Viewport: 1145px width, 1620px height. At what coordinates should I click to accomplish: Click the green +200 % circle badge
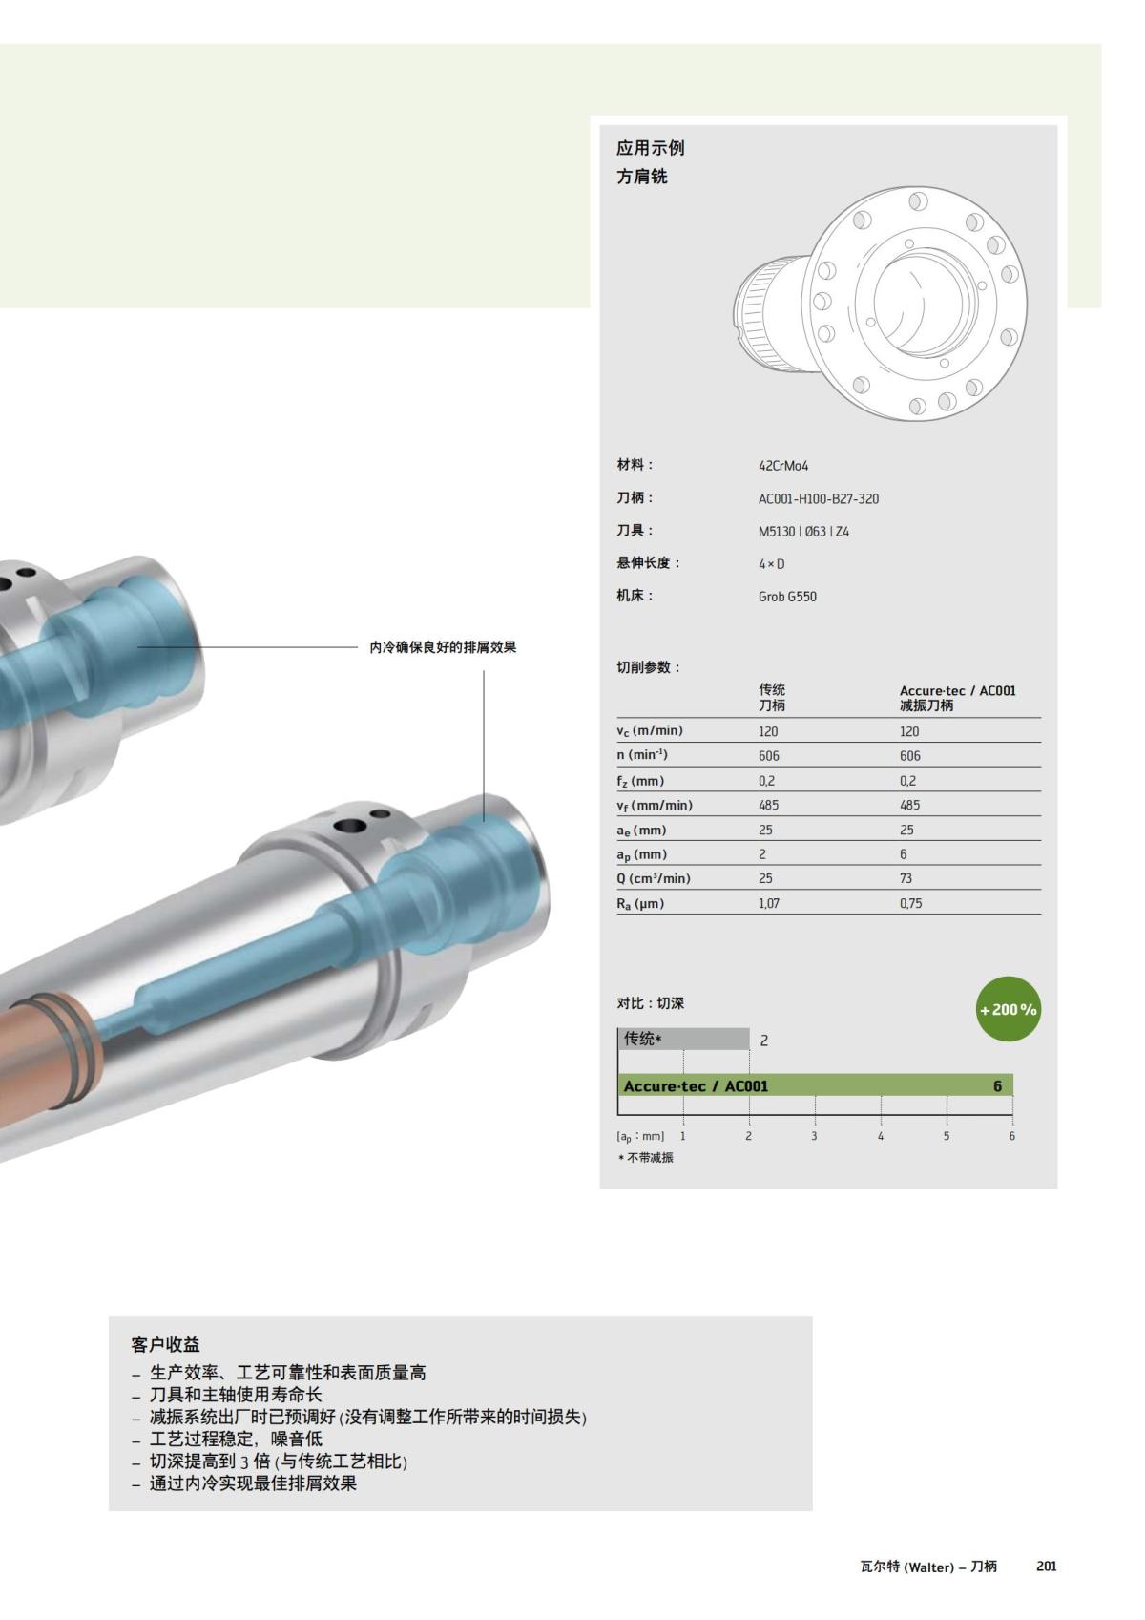tap(1008, 1009)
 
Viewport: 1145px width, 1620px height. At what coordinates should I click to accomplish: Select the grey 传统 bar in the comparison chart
tap(683, 1039)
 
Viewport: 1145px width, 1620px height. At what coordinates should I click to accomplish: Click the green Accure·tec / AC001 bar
tap(815, 1085)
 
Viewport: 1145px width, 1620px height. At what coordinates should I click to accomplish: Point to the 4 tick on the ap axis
tap(881, 1136)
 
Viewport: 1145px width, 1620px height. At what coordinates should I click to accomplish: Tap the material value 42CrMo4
tap(783, 466)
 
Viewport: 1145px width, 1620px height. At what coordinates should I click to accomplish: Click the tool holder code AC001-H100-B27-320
tap(819, 498)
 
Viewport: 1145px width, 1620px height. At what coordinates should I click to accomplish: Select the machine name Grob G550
tap(787, 597)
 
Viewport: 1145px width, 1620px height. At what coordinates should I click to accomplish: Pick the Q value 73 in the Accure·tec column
tap(906, 878)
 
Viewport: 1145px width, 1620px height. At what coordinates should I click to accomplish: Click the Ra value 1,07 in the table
tap(769, 903)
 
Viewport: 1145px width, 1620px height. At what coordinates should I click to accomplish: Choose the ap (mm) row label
tap(641, 854)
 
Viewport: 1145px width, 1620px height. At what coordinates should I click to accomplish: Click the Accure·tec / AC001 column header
tap(957, 697)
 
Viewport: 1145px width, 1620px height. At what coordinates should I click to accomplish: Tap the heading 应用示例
tap(650, 148)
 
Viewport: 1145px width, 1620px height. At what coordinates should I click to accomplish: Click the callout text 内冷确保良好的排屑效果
tap(443, 647)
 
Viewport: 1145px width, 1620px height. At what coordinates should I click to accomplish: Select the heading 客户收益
tap(165, 1344)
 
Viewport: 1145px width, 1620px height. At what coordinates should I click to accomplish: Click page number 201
tap(1046, 1567)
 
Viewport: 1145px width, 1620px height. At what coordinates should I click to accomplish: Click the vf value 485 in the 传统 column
tap(768, 805)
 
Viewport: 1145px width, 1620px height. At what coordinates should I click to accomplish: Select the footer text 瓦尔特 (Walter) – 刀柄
tap(927, 1567)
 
